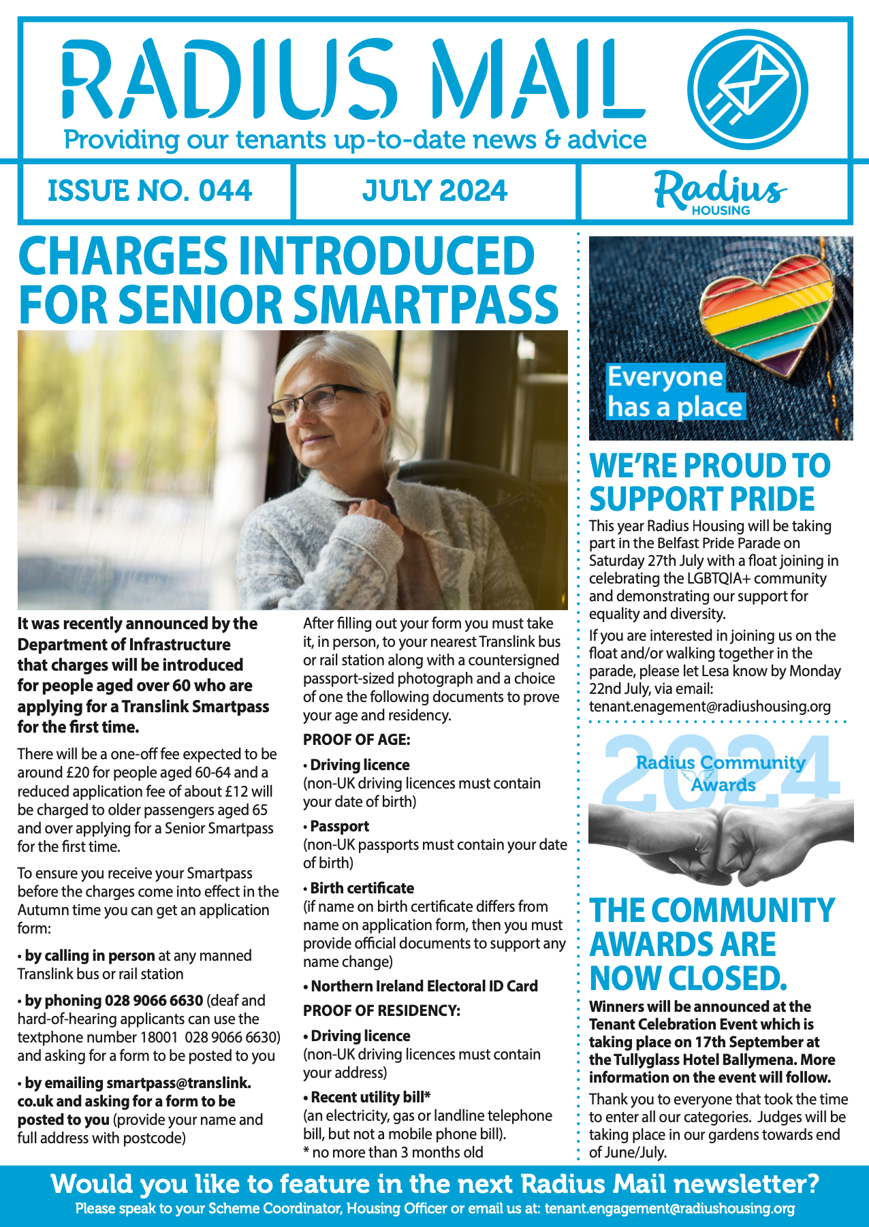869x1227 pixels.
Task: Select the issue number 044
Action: pos(225,191)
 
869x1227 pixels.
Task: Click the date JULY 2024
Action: pos(434,191)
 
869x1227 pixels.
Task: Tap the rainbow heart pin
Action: pos(767,310)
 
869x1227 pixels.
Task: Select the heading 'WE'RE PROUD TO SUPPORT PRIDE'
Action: pos(709,482)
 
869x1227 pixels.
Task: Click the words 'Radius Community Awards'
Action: pos(721,773)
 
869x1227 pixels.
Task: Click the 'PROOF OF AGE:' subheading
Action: pos(356,739)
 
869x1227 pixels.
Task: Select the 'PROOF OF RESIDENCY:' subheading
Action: pos(381,1010)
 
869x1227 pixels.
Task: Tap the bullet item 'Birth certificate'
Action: pos(362,888)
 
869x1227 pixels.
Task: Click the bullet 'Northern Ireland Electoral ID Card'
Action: pos(424,986)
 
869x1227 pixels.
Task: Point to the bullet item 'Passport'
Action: pos(339,826)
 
